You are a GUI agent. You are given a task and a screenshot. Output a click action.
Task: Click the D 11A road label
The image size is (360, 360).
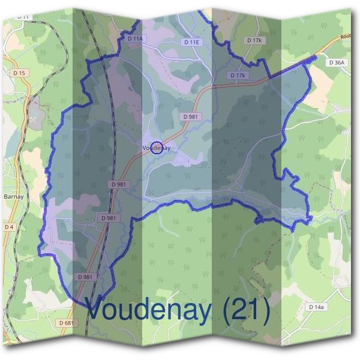(137, 38)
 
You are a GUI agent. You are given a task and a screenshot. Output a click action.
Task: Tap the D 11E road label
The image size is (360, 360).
(191, 42)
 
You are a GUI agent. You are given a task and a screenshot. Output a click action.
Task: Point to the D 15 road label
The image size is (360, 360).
(20, 73)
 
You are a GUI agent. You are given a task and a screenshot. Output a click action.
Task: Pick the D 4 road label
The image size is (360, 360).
(8, 227)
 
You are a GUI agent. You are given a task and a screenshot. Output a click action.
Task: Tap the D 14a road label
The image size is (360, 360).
(316, 307)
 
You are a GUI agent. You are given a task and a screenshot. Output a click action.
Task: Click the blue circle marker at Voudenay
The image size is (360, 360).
(156, 147)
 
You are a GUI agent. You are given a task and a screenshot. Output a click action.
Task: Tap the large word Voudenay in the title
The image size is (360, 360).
(149, 310)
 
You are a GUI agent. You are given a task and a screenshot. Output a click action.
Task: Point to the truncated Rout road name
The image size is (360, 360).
(347, 37)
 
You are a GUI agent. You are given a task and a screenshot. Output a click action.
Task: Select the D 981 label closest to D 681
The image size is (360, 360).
(86, 277)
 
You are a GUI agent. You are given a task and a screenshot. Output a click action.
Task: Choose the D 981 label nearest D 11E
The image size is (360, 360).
(191, 116)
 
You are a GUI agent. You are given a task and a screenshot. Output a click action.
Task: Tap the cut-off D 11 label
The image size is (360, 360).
(23, 17)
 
